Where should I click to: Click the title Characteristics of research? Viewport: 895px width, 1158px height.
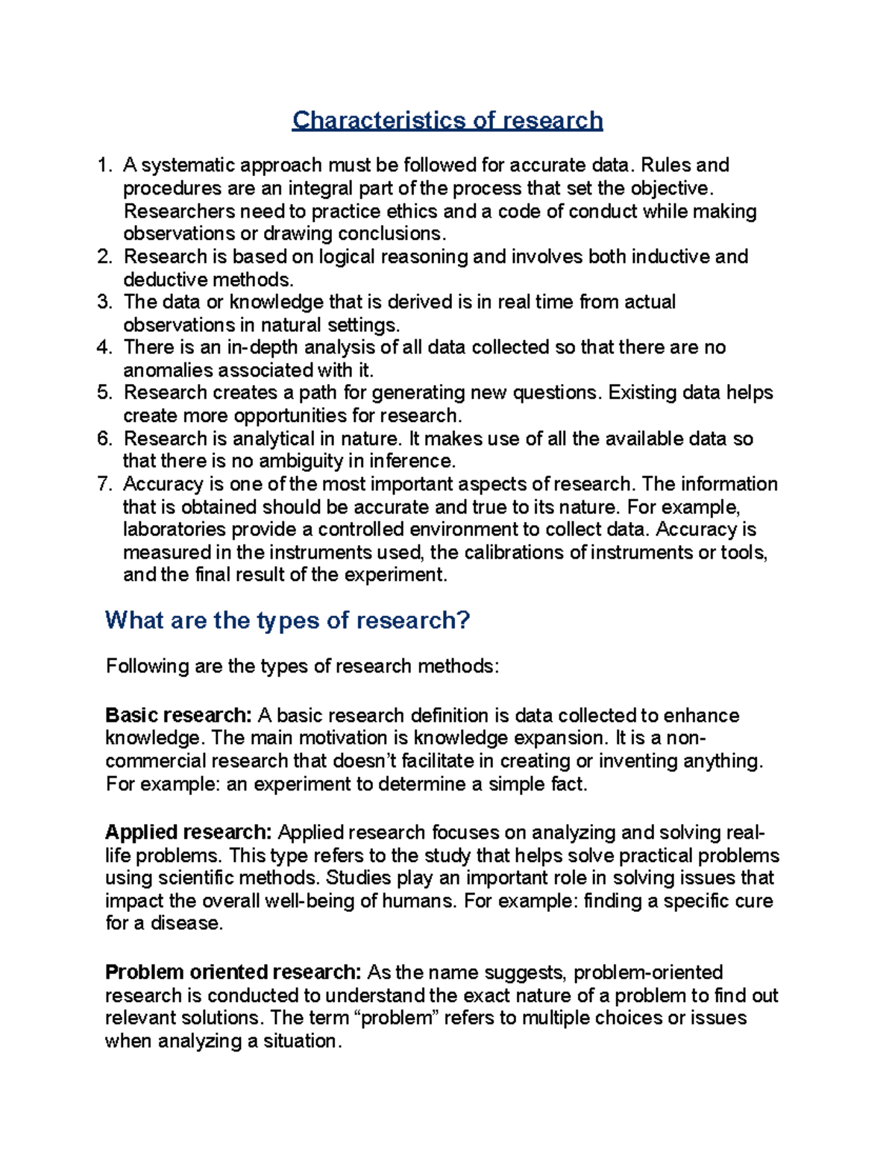coord(447,120)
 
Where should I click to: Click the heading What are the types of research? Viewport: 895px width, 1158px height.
coord(287,620)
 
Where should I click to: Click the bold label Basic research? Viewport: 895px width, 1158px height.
coord(178,716)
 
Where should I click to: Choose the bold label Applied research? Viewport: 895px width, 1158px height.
coord(188,832)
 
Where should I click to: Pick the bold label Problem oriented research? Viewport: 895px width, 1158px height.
coord(233,972)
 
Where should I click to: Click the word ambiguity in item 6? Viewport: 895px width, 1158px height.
coord(295,461)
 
